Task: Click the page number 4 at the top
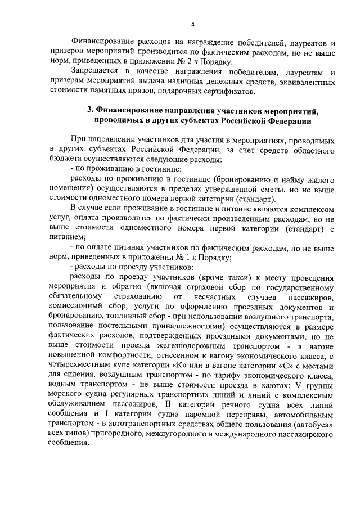[x=193, y=25]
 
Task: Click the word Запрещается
[x=94, y=72]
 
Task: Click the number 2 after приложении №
[x=185, y=62]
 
